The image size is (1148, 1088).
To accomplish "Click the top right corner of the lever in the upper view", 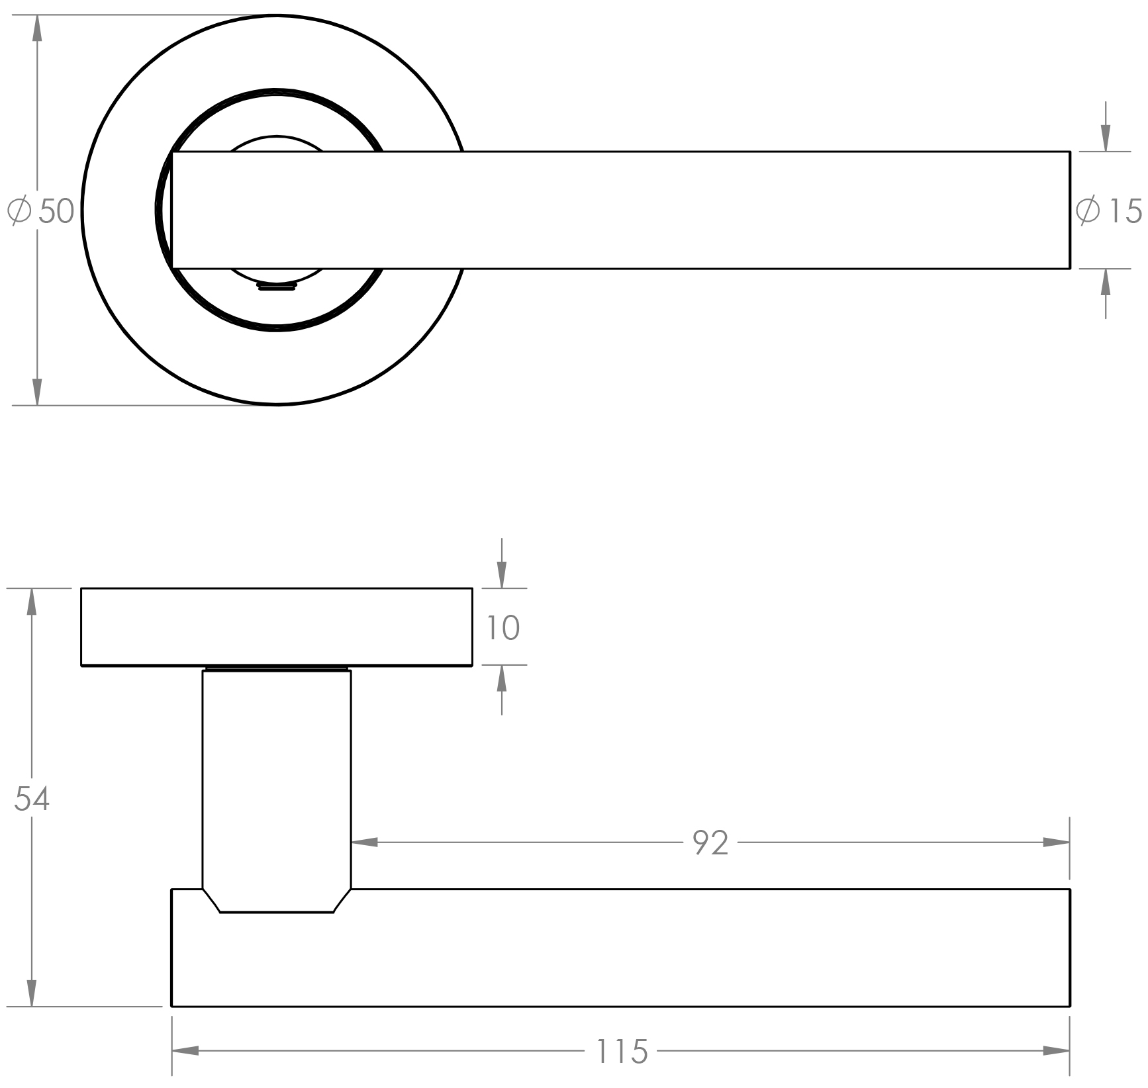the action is (1070, 152).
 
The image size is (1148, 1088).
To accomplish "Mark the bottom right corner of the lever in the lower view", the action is (1070, 1007).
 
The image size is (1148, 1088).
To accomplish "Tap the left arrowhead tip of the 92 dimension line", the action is (352, 842).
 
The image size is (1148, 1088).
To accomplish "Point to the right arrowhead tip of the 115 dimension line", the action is (1070, 1050).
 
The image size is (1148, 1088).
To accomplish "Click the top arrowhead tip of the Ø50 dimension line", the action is (37, 15).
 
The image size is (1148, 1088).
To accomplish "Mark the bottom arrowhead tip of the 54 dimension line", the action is (31, 1007).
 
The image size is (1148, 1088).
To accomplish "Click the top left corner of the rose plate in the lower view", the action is (81, 588).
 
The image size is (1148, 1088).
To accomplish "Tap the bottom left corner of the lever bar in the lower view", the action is (172, 1007).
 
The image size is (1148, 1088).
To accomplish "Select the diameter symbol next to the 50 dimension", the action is (19, 211).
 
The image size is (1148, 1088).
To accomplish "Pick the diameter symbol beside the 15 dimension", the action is (1088, 210).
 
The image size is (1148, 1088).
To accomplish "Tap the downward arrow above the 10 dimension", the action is (502, 563).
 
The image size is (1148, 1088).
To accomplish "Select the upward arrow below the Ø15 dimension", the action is (1104, 294).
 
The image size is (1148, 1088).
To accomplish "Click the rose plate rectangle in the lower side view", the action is (277, 627).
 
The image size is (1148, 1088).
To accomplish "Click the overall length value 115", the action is (622, 1051).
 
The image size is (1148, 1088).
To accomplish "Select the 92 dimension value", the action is (710, 842).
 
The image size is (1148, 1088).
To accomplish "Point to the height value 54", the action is (32, 799).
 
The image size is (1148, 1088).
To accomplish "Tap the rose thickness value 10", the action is (503, 627).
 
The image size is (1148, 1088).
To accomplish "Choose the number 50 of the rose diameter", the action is (56, 211).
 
